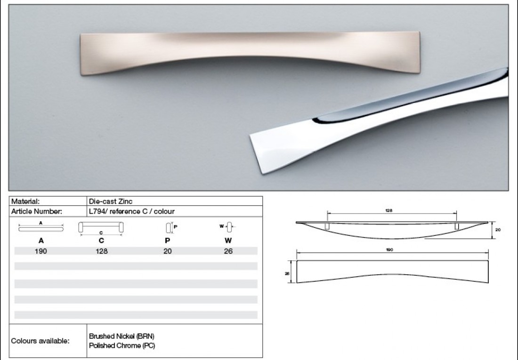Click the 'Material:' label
tap(25, 201)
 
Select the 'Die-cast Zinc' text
tap(111, 201)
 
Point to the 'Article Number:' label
tap(37, 212)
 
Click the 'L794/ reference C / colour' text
tap(132, 212)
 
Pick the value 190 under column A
tap(40, 251)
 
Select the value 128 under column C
tap(101, 251)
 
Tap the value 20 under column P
tap(167, 251)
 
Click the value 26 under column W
tap(228, 251)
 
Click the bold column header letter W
tap(228, 240)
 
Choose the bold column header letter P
tap(167, 240)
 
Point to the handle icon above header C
tap(101, 228)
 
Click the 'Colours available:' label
tap(40, 341)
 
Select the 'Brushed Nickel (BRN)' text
tap(121, 336)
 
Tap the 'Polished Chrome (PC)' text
tap(122, 345)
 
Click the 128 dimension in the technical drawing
tap(389, 210)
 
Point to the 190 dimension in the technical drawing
tap(389, 249)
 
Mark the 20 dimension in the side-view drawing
tap(498, 230)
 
